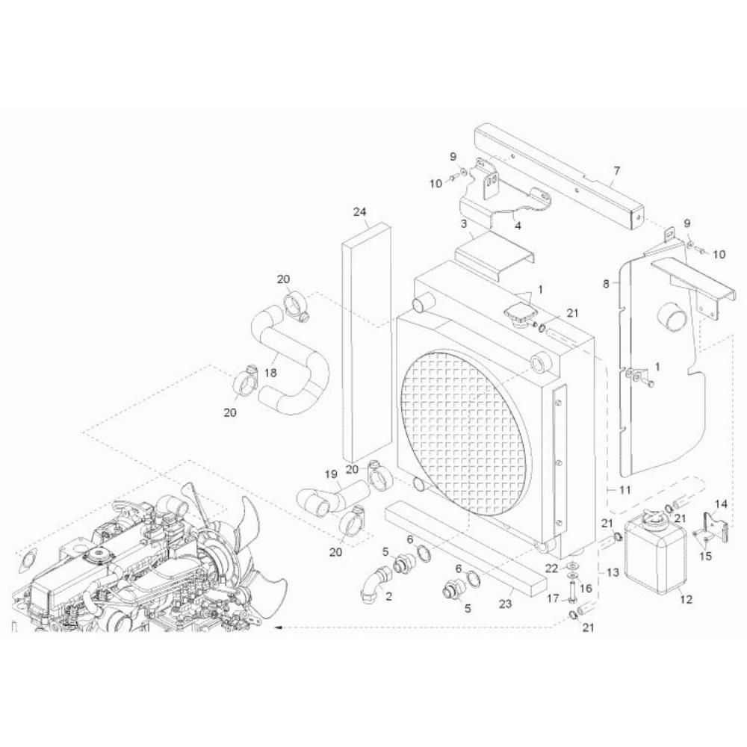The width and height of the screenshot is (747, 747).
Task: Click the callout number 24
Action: [360, 213]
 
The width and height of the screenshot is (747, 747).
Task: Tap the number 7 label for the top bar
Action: [616, 171]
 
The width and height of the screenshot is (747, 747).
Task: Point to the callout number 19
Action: [331, 474]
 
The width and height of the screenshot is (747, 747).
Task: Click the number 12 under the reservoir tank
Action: [686, 598]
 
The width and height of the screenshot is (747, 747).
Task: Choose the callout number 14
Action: [720, 505]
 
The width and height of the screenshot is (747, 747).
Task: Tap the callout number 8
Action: [607, 284]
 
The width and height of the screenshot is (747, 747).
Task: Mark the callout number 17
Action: [553, 598]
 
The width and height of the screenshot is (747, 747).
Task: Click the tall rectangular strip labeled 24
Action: [366, 344]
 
